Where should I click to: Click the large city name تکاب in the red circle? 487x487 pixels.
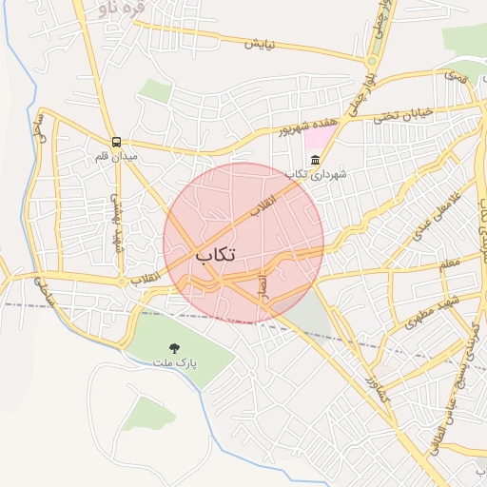pyautogui.click(x=216, y=255)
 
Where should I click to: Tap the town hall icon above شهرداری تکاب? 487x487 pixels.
pyautogui.click(x=316, y=159)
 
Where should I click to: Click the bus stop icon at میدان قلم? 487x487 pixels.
pyautogui.click(x=116, y=141)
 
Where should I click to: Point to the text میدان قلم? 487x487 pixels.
pyautogui.click(x=116, y=155)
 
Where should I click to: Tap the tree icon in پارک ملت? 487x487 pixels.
pyautogui.click(x=173, y=348)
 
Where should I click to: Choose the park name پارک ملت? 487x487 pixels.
pyautogui.click(x=174, y=362)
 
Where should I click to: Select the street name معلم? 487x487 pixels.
pyautogui.click(x=449, y=262)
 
